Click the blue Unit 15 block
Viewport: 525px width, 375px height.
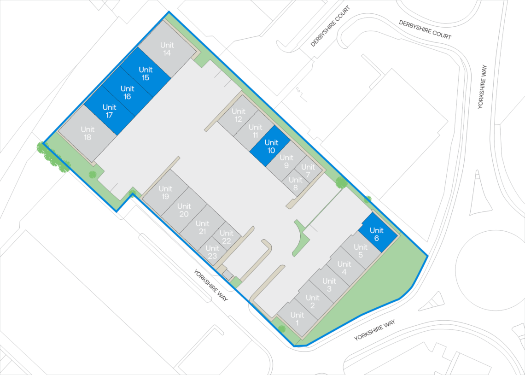pyautogui.click(x=146, y=74)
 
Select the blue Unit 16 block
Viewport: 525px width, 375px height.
pyautogui.click(x=127, y=93)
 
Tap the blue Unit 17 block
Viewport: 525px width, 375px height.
pyautogui.click(x=109, y=111)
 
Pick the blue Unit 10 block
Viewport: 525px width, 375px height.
pyautogui.click(x=271, y=146)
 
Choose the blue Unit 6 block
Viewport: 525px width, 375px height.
pyautogui.click(x=377, y=234)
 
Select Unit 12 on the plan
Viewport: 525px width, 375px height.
pyautogui.click(x=238, y=115)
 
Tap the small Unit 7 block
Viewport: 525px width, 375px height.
pyautogui.click(x=308, y=170)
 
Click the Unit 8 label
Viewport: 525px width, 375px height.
pyautogui.click(x=295, y=183)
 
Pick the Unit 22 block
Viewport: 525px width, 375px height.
pyautogui.click(x=226, y=237)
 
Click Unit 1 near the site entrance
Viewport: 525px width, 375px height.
pyautogui.click(x=297, y=319)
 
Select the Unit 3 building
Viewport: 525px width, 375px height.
pyautogui.click(x=329, y=285)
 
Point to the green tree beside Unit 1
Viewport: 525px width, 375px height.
pyautogui.click(x=281, y=328)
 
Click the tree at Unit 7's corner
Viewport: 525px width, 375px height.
pyautogui.click(x=341, y=182)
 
